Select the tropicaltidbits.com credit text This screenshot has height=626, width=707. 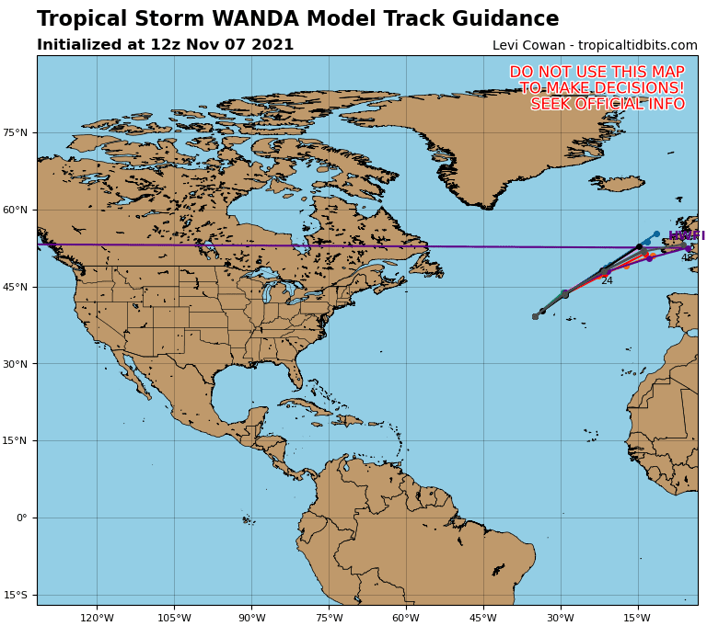[637, 46]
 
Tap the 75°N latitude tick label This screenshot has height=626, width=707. [16, 133]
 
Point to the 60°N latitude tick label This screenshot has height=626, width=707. [16, 211]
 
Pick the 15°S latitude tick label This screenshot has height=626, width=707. [16, 596]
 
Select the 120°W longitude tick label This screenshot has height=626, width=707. [97, 618]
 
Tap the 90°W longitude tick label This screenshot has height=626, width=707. [251, 618]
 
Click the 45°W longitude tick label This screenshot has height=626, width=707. [482, 618]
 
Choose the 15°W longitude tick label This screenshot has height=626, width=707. [637, 618]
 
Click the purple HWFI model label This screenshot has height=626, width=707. [686, 236]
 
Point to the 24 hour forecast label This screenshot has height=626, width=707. [607, 281]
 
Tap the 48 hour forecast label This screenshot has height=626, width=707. [687, 258]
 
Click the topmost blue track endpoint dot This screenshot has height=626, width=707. [656, 234]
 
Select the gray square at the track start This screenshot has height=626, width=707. [535, 316]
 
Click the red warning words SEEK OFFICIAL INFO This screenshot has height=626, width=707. [608, 105]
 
